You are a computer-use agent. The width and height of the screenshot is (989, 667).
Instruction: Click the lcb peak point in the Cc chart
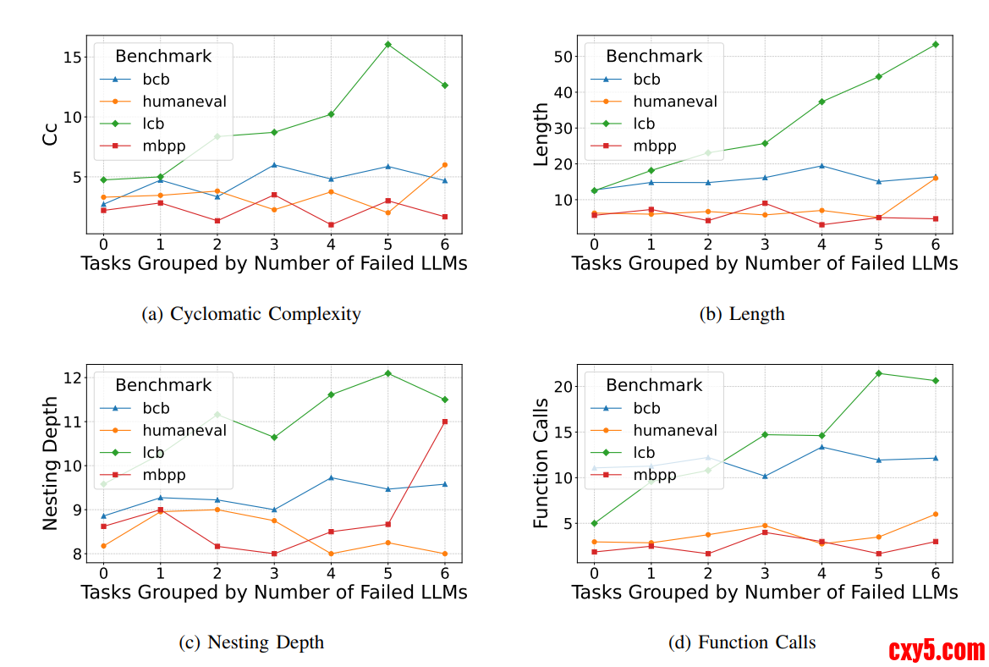click(387, 44)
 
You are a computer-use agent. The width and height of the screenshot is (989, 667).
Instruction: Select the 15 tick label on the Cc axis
click(70, 58)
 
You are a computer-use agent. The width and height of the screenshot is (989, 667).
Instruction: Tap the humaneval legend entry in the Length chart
click(675, 102)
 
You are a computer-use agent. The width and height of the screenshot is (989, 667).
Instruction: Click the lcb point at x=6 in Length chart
click(935, 44)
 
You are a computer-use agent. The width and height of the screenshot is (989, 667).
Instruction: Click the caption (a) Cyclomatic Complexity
click(252, 314)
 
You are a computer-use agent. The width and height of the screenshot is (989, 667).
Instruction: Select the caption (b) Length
click(742, 314)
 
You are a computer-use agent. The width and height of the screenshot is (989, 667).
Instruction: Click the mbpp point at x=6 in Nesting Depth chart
click(444, 422)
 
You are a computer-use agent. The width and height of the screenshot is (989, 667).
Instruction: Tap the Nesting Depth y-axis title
click(51, 463)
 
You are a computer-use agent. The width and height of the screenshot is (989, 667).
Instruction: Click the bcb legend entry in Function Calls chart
click(646, 408)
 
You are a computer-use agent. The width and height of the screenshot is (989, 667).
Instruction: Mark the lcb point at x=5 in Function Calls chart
click(878, 373)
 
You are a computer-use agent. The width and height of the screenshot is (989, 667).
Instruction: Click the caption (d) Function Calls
click(742, 642)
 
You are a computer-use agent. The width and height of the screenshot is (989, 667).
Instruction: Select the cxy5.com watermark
click(937, 650)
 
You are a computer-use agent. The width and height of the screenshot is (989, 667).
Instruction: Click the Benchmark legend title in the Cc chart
click(163, 57)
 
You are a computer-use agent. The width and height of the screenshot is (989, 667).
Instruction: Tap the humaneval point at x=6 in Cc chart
click(444, 165)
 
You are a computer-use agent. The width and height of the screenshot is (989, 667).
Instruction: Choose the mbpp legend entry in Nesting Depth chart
click(164, 475)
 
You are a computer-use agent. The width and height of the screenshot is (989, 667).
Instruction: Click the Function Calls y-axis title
click(541, 463)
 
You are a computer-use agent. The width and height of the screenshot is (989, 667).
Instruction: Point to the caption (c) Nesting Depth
click(251, 642)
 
